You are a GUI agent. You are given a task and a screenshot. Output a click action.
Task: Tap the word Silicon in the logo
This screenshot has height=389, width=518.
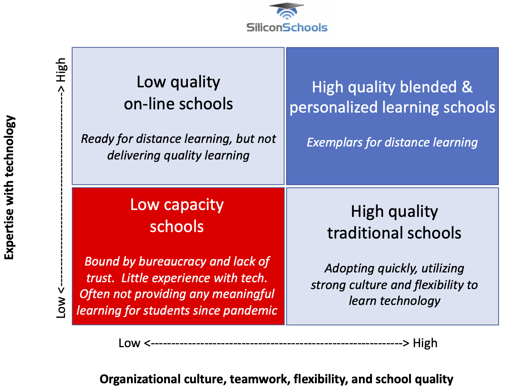[264, 27]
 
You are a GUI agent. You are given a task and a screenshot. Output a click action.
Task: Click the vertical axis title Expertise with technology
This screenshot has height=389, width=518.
[9, 187]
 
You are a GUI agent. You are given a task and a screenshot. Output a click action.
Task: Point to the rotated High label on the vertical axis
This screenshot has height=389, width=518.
[61, 70]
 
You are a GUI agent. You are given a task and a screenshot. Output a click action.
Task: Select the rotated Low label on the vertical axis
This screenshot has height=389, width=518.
[61, 307]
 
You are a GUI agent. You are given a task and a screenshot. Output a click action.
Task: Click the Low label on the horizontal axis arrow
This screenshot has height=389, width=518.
[129, 343]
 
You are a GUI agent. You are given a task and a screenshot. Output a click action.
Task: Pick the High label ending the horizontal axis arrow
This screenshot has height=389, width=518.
[425, 343]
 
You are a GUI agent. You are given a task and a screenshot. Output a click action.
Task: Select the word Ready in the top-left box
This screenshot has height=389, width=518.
[93, 139]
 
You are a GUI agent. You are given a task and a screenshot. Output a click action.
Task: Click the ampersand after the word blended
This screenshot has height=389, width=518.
[467, 87]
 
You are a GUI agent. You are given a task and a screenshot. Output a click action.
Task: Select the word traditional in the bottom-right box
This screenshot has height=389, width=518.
[362, 233]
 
